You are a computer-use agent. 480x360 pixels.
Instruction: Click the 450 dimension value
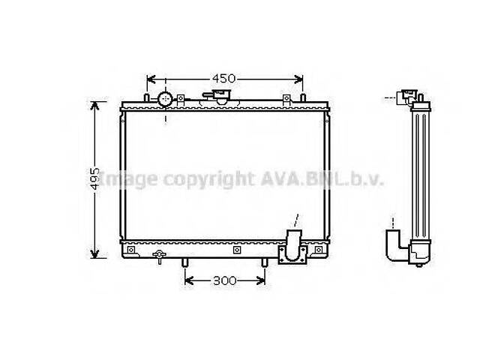[223, 78]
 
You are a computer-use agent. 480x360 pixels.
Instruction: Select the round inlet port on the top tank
[165, 98]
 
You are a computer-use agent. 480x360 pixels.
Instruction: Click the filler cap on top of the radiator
[221, 97]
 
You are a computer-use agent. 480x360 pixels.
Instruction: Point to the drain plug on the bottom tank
[158, 257]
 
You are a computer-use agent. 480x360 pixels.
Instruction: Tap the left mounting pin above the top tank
[145, 98]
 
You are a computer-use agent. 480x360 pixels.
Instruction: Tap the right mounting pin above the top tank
[302, 98]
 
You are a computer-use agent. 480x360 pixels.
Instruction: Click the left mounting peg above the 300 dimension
[184, 262]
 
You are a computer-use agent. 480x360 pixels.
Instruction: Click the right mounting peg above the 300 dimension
[264, 262]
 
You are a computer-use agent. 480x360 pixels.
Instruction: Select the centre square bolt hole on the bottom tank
[235, 249]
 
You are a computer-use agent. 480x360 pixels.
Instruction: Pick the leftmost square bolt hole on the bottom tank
[131, 249]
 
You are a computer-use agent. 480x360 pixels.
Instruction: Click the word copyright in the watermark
[205, 179]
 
